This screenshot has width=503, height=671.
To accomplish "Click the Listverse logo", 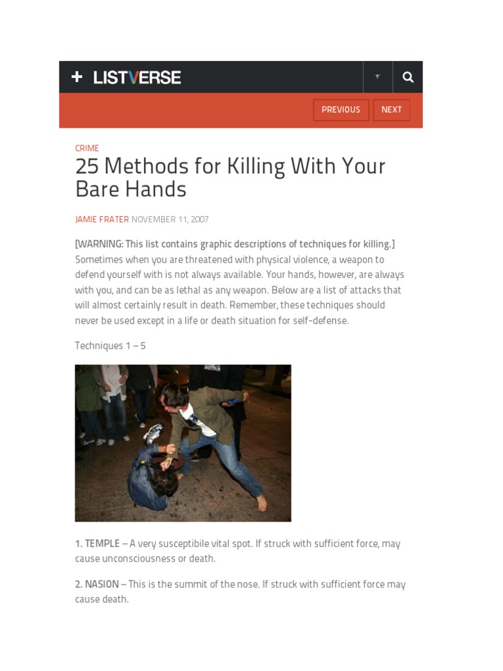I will tap(137, 77).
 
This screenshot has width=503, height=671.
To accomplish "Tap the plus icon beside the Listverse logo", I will tap(77, 77).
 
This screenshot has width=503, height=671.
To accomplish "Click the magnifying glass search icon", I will tap(408, 77).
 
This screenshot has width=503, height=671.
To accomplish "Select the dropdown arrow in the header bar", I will tap(377, 77).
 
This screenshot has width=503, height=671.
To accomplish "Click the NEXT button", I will tap(392, 110).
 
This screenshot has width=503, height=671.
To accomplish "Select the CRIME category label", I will tap(87, 148).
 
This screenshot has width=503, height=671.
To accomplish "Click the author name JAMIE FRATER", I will tap(102, 220).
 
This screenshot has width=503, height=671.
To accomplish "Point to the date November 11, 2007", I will tap(170, 220).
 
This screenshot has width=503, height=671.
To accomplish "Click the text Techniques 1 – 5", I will tap(110, 345).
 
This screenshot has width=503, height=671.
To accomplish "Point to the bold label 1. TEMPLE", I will tap(97, 543).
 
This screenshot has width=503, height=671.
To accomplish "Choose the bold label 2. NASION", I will tap(97, 584).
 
